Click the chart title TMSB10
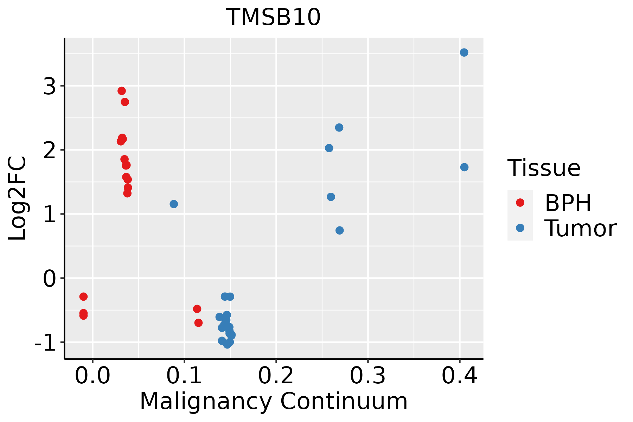click(x=273, y=17)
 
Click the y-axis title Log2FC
click(x=18, y=199)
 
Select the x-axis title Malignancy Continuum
click(x=274, y=401)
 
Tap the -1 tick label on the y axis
click(x=45, y=342)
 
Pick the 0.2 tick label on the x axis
click(x=276, y=376)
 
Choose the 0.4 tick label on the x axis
click(x=459, y=376)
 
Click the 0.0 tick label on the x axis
click(x=92, y=376)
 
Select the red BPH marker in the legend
click(x=520, y=203)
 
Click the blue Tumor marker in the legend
click(x=520, y=228)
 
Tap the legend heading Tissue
click(x=544, y=168)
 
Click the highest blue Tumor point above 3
click(x=464, y=52)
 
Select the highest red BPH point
click(x=122, y=91)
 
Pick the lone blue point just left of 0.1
click(x=174, y=204)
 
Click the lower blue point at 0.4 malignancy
click(x=464, y=167)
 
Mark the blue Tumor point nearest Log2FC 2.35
click(x=339, y=127)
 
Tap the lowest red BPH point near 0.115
click(x=198, y=322)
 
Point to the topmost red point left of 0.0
click(x=83, y=296)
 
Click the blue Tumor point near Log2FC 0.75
click(x=339, y=230)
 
